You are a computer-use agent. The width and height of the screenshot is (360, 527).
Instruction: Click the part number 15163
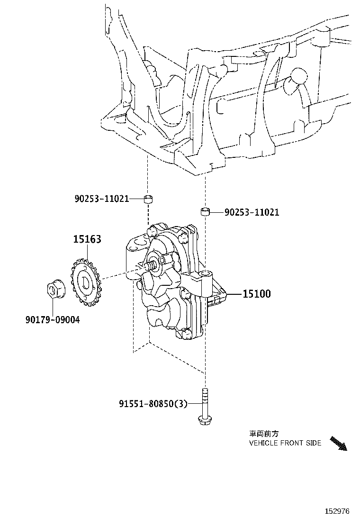[x=87, y=239]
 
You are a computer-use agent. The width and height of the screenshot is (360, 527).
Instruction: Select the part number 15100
[x=256, y=294]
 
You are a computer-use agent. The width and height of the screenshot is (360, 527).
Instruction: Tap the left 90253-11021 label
[x=101, y=199]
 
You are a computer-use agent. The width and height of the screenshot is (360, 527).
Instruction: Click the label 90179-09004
[x=53, y=320]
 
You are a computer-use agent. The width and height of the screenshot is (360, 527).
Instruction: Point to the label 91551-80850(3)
[x=153, y=404]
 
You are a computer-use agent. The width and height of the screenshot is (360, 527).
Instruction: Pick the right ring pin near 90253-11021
[x=205, y=210]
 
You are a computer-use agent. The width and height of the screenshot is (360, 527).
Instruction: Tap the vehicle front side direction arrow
[x=338, y=443]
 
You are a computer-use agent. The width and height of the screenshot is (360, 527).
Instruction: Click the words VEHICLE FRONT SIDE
[x=285, y=443]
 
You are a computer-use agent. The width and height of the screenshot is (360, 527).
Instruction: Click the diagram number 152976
[x=337, y=511]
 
